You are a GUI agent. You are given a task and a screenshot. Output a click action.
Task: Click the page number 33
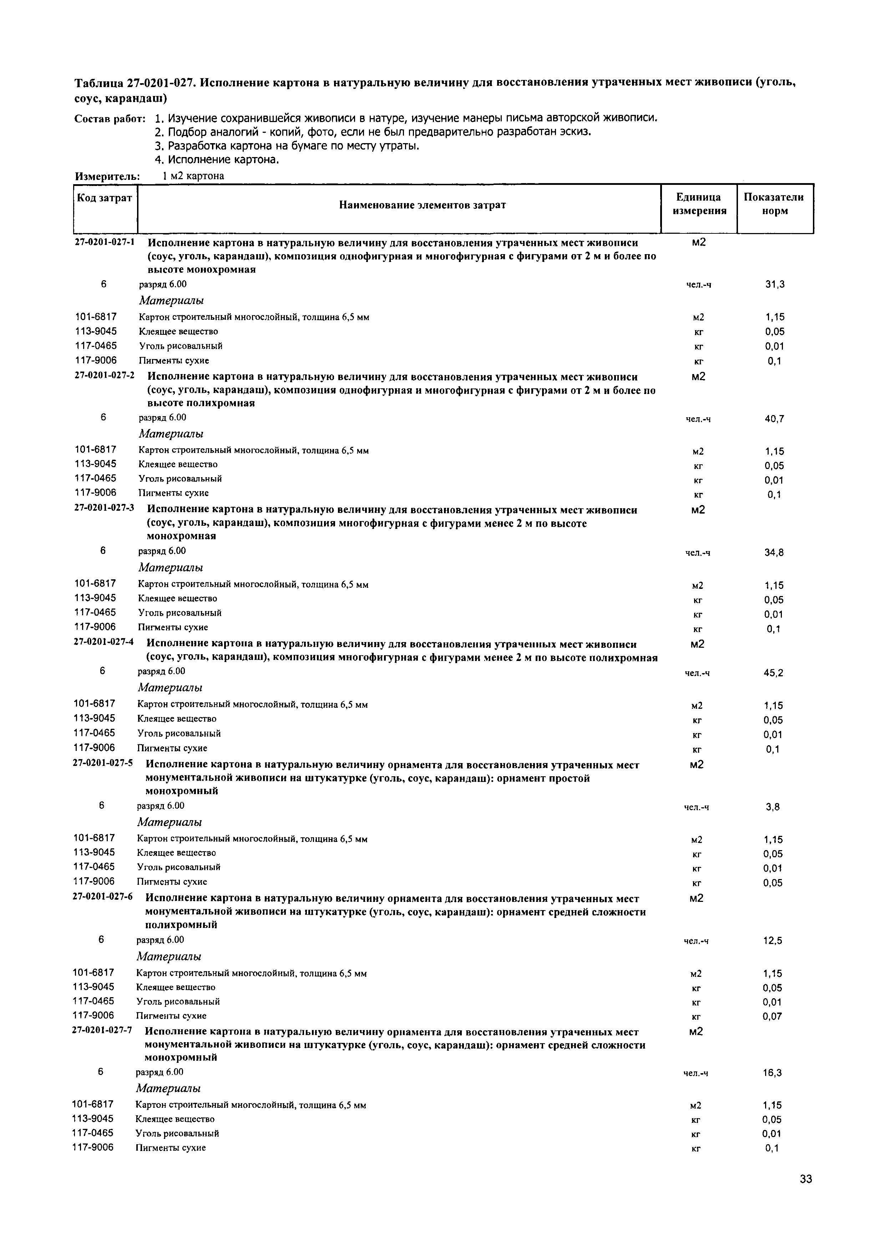[x=806, y=1194]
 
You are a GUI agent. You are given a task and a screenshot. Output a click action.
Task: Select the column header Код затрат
[x=104, y=198]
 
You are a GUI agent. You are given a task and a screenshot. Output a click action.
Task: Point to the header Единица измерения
[x=699, y=204]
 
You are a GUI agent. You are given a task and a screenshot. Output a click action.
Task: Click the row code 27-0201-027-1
[x=105, y=242]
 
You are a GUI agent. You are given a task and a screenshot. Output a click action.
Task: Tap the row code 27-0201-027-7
[x=102, y=1031]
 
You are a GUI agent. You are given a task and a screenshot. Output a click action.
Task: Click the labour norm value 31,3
[x=774, y=284]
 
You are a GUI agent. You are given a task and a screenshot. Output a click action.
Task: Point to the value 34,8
[x=774, y=552]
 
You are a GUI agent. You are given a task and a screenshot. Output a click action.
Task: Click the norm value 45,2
[x=773, y=673]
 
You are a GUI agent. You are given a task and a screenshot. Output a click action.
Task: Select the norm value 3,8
[x=773, y=807]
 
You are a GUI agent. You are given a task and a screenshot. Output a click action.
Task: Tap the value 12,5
[x=773, y=941]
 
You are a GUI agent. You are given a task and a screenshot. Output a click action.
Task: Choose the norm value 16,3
[x=772, y=1073]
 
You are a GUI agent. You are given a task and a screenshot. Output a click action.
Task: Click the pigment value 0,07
[x=772, y=1016]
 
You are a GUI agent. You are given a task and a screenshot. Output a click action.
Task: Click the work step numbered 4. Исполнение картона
[x=217, y=160]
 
